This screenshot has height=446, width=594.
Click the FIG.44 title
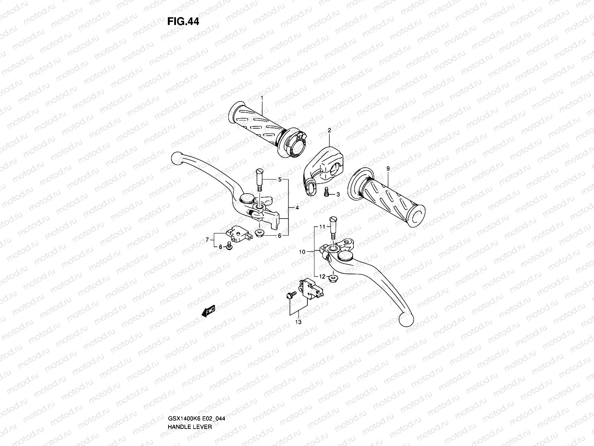click(183, 22)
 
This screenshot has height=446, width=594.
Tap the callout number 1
click(261, 98)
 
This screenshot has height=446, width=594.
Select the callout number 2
click(329, 130)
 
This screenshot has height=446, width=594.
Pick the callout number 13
click(298, 322)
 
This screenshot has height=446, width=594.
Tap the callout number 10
click(302, 252)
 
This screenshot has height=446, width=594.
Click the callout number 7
click(207, 240)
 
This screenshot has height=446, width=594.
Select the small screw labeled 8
click(229, 246)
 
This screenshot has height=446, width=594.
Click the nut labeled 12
click(333, 277)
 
